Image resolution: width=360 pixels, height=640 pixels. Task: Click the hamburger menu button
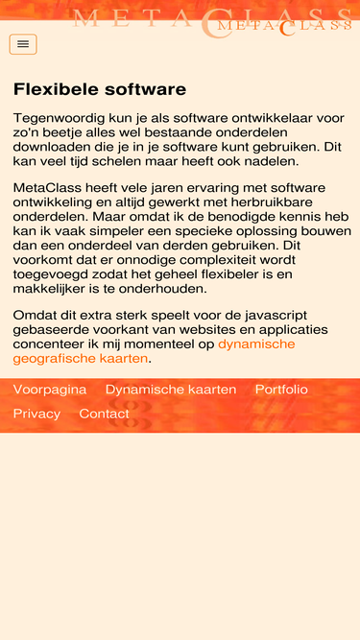pyautogui.click(x=23, y=44)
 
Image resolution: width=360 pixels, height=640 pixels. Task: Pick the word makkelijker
pyautogui.click(x=54, y=289)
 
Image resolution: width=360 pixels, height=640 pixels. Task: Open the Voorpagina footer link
pyautogui.click(x=50, y=390)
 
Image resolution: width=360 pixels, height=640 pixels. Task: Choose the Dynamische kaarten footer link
pyautogui.click(x=171, y=390)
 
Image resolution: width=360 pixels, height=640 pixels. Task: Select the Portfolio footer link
pyautogui.click(x=281, y=390)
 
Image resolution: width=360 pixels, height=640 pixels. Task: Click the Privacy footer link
pyautogui.click(x=36, y=414)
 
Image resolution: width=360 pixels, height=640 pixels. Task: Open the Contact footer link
pyautogui.click(x=104, y=414)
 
